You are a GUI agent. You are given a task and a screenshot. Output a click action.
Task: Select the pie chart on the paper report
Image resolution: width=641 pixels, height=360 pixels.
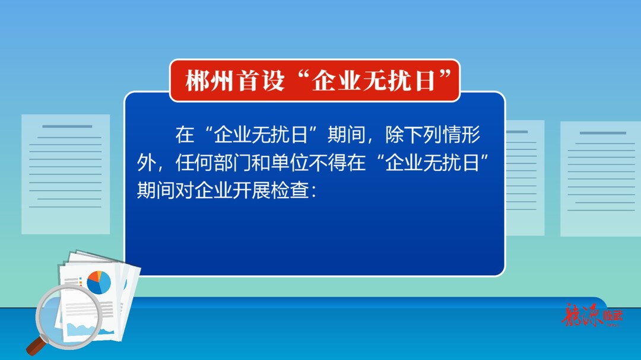click(99, 282)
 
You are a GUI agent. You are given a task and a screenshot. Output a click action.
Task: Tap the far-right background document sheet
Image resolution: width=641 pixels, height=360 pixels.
click(600, 178)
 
